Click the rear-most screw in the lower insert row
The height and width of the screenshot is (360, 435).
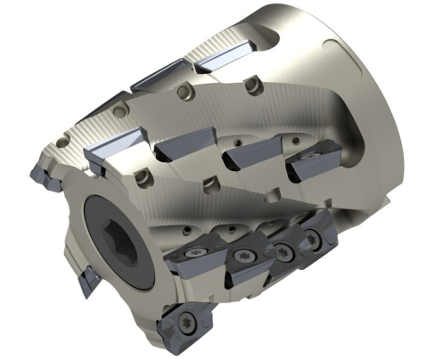coord(314,239)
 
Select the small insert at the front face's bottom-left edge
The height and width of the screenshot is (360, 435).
coord(86,283)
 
